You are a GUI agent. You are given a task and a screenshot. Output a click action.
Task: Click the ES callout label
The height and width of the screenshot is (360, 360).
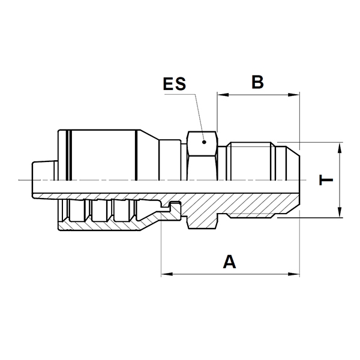174,83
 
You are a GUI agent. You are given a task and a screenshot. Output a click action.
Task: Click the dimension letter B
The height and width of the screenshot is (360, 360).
257,82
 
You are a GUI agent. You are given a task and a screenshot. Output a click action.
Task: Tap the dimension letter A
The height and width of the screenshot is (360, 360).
229,262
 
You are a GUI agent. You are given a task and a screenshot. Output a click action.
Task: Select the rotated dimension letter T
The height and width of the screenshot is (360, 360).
326,180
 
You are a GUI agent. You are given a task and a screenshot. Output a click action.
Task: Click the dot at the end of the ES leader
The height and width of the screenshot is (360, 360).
204,142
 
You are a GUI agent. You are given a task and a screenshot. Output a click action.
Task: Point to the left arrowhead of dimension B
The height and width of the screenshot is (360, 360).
223,95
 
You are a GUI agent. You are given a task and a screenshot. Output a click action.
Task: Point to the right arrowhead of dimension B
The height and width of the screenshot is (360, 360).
293,95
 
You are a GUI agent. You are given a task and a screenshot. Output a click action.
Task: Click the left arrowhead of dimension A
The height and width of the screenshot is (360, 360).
167,274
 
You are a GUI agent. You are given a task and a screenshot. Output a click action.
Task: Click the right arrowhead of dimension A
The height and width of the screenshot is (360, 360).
293,274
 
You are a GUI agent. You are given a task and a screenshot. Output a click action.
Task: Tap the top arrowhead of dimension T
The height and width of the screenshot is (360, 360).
340,148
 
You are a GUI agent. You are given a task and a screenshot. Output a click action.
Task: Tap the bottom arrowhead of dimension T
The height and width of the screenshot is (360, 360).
340,211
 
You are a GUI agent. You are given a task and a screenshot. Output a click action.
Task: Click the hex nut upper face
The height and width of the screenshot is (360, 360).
202,144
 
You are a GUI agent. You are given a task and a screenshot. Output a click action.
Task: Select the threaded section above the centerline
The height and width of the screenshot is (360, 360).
251,161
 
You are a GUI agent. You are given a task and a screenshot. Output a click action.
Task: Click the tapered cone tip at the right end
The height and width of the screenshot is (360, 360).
293,163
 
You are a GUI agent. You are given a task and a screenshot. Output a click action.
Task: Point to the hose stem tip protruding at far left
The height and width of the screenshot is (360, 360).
44,170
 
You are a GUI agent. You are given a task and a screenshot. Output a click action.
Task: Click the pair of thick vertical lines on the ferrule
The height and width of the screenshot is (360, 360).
69,155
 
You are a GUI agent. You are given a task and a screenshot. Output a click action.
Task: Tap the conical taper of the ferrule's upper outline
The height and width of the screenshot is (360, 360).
149,135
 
